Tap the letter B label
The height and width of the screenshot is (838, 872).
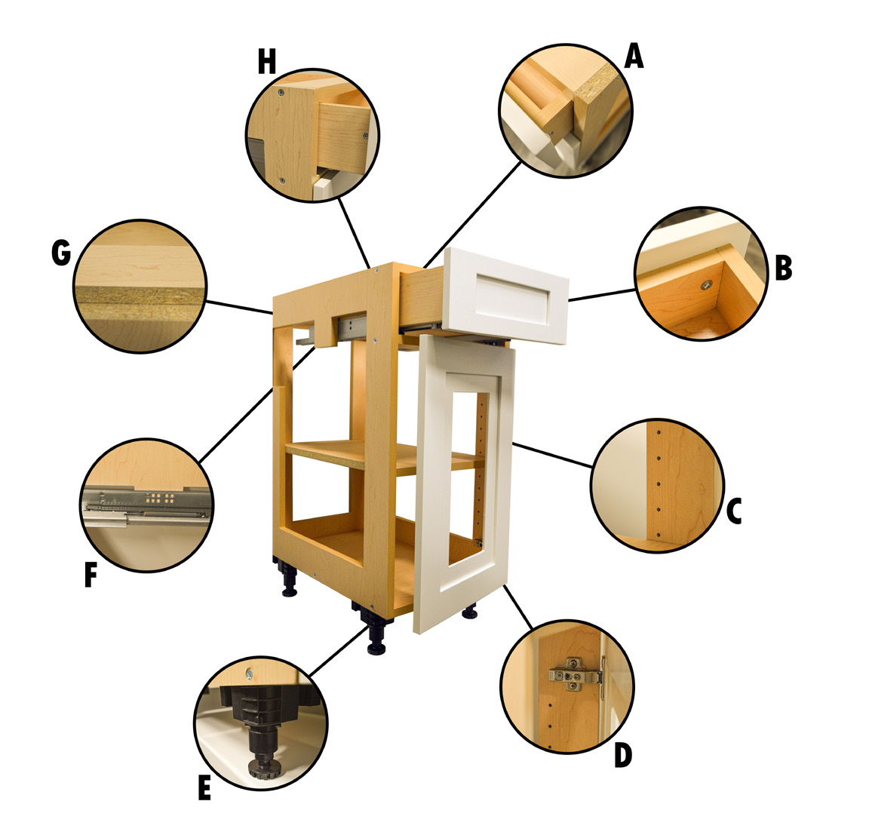(x=783, y=267)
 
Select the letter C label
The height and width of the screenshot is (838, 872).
(x=734, y=511)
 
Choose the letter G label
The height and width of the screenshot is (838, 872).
(x=61, y=253)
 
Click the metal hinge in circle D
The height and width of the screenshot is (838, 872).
(x=576, y=674)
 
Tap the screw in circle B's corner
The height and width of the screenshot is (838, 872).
(x=706, y=285)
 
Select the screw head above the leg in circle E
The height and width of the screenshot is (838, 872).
(x=249, y=674)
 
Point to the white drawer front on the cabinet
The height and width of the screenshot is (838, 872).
(x=506, y=295)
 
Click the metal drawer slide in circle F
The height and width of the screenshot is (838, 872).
(x=146, y=506)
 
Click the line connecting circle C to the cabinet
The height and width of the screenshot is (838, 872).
(x=552, y=455)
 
